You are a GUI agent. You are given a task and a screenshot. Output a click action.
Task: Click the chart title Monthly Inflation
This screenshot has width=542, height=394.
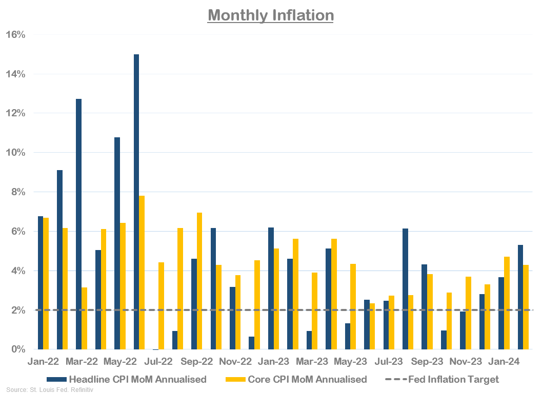[x=271, y=15]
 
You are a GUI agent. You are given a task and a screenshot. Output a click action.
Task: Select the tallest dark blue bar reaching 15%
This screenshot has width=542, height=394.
[x=136, y=202]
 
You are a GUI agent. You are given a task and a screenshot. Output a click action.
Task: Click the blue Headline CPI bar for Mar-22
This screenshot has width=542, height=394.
[x=78, y=224]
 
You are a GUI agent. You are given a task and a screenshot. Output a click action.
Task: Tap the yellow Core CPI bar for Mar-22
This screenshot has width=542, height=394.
[x=85, y=318]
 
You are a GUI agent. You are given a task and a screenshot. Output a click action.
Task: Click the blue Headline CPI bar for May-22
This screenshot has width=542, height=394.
[x=117, y=243]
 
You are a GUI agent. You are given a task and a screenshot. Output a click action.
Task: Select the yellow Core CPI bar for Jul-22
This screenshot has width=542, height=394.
[x=161, y=306]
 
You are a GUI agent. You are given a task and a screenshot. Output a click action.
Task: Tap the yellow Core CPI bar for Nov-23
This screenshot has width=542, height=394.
[x=468, y=313]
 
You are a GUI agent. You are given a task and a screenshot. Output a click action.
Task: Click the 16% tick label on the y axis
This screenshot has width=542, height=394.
[x=15, y=34]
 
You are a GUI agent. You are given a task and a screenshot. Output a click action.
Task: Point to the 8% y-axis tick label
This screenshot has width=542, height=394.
[x=17, y=192]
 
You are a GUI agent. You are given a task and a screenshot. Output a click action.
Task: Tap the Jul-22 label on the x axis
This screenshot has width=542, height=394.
[x=158, y=361]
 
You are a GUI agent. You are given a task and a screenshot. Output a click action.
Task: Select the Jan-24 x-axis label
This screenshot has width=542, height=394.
[x=504, y=361]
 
